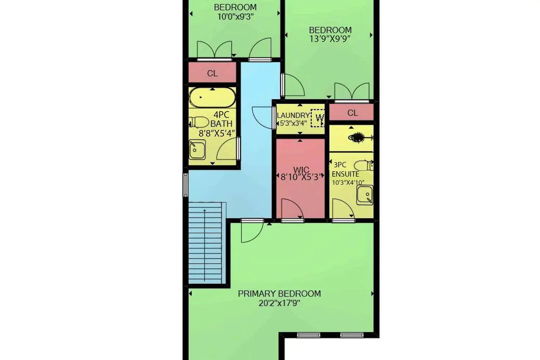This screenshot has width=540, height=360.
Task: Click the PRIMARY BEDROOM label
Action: tap(279, 294)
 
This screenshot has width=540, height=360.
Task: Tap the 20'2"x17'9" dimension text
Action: tap(279, 303)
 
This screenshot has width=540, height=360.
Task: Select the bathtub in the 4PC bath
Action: tap(212, 98)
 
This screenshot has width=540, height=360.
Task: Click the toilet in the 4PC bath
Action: tap(199, 122)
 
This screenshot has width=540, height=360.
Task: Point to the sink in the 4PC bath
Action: tap(197, 150)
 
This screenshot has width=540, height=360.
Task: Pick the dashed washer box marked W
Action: tap(318, 118)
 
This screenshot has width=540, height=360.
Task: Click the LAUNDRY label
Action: tap(293, 115)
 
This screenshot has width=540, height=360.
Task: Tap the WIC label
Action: tap(301, 170)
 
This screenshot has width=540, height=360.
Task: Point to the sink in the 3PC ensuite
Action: tap(365, 195)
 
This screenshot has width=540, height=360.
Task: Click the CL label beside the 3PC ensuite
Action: tap(353, 113)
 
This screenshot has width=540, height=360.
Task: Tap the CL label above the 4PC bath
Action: tap(212, 73)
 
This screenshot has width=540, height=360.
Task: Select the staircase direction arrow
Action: tap(205, 245)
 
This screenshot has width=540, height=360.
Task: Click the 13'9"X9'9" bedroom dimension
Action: tap(330, 39)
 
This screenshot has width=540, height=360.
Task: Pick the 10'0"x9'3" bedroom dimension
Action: tap(235, 17)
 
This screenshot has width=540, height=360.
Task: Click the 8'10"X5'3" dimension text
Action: tap(301, 177)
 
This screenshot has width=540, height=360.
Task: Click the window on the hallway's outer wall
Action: tap(185, 185)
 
